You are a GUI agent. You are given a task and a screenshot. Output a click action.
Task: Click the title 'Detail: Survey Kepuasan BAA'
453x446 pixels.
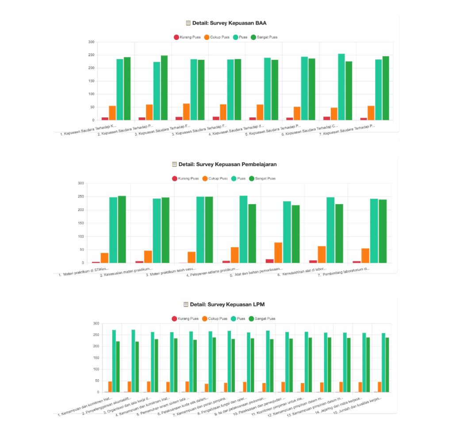229,23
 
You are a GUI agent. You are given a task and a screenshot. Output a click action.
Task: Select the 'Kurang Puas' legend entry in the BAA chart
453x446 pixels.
188,37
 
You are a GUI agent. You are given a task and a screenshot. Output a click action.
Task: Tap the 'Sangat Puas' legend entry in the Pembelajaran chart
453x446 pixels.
263,178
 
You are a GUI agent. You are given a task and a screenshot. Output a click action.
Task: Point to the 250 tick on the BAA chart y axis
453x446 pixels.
92,55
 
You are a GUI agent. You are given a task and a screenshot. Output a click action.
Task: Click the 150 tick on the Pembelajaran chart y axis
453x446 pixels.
81,223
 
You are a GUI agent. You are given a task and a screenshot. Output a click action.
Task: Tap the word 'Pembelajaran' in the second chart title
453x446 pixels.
258,164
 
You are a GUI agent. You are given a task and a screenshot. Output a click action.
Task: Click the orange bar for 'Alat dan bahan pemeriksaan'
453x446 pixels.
278,252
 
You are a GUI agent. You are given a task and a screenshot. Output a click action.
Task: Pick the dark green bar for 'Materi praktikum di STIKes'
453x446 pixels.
122,229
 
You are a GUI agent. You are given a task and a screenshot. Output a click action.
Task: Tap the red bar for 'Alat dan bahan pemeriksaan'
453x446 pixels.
269,261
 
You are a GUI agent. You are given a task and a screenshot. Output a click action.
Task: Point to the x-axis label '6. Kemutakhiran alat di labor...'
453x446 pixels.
302,271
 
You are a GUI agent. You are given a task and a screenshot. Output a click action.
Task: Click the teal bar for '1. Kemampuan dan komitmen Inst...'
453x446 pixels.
114,361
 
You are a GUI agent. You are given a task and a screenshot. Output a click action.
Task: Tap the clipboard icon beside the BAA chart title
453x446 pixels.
188,23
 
